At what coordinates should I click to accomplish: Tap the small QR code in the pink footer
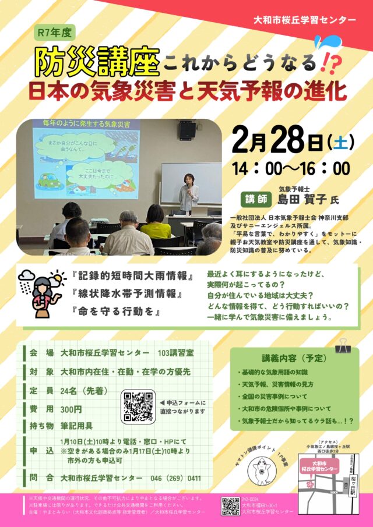tap(230, 505)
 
